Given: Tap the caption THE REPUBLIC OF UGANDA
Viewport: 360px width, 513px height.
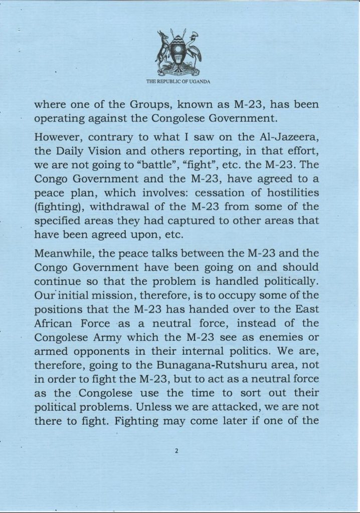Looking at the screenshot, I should tap(179, 81).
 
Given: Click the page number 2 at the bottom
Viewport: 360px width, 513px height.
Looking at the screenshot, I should tap(177, 450).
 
